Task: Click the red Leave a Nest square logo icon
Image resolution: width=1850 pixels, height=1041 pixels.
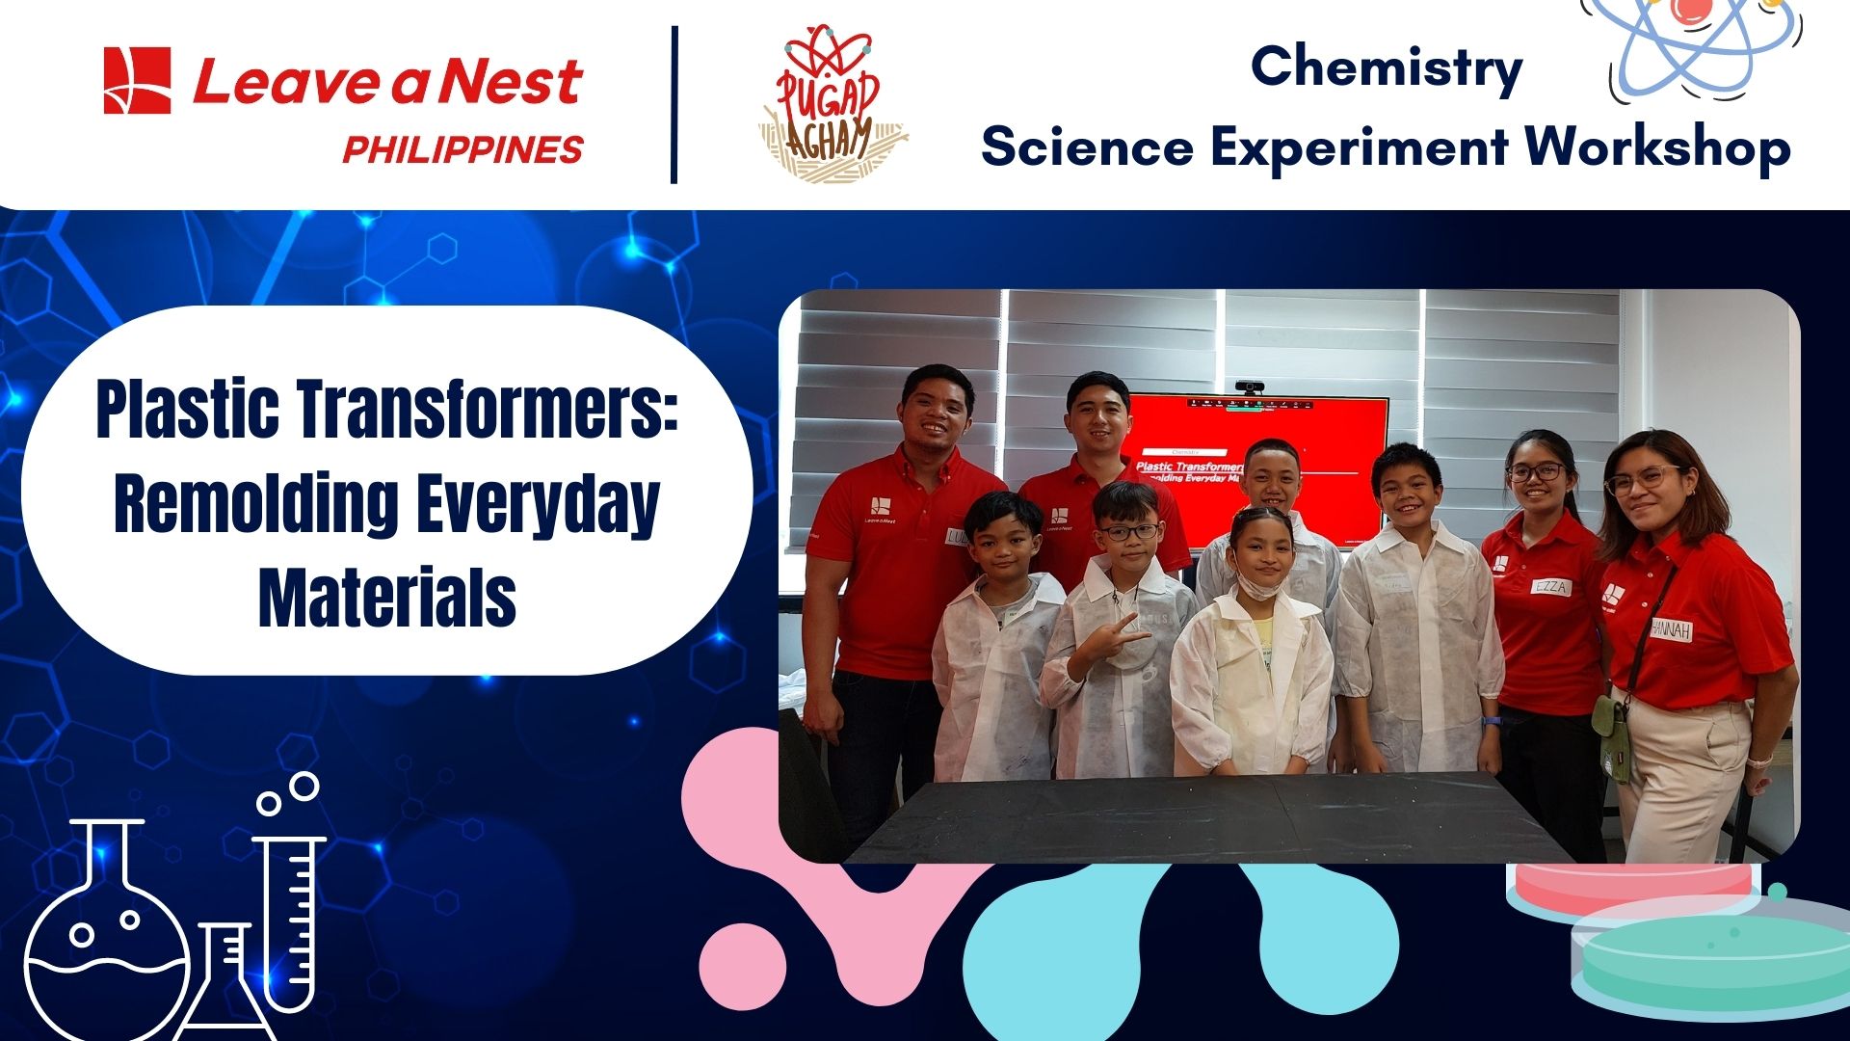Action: tap(137, 80)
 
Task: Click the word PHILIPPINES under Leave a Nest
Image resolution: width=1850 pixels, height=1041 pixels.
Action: tap(462, 149)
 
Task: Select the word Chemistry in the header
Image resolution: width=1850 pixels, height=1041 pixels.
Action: tap(1386, 67)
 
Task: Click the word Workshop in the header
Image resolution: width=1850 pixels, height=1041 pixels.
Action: tap(1657, 147)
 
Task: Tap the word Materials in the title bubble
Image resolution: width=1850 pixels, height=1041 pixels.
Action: tap(387, 598)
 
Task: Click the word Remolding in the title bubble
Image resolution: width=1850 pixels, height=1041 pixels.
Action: tap(255, 503)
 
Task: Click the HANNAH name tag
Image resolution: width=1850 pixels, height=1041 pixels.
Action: tap(1671, 629)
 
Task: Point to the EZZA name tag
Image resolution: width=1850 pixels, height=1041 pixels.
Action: tap(1550, 586)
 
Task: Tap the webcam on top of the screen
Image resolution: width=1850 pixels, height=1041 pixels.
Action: tap(1250, 388)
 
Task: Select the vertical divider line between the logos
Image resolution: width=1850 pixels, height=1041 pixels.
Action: tap(674, 104)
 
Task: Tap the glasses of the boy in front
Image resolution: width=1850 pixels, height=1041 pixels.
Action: tap(1129, 531)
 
